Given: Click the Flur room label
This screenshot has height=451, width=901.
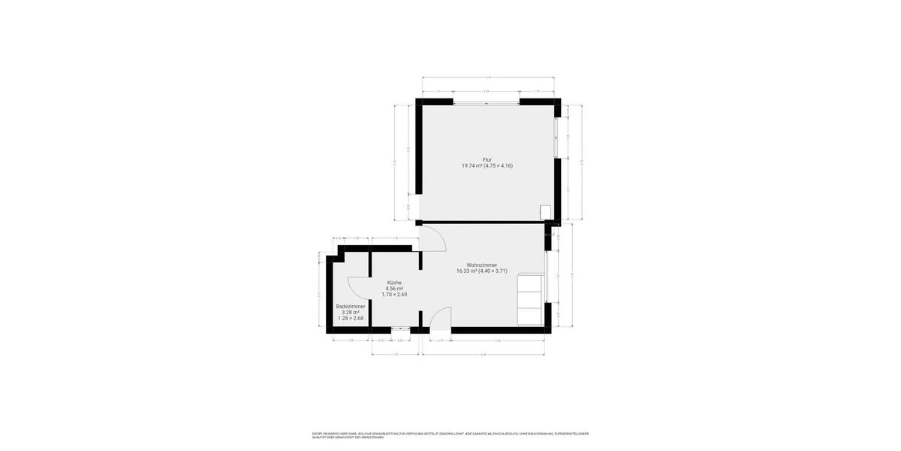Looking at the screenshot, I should [487, 159].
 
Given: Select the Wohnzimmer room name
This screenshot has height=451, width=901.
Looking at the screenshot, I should [482, 265].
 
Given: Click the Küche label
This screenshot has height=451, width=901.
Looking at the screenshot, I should [394, 283].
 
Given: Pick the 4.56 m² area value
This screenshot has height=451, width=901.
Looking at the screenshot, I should [394, 289].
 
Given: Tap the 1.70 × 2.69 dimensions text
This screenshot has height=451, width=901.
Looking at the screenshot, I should [394, 295].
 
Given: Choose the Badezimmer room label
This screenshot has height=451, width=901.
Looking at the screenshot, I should [351, 307].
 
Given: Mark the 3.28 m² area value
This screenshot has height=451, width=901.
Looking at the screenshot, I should [351, 313].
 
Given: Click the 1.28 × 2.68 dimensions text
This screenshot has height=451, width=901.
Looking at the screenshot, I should [351, 319].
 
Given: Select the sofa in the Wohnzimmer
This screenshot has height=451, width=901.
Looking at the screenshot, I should [530, 300].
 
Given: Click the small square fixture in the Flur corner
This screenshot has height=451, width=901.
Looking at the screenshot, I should [546, 213].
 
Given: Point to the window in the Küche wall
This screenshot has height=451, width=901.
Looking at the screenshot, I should [400, 329].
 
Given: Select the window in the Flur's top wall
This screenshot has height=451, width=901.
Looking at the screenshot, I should [486, 101].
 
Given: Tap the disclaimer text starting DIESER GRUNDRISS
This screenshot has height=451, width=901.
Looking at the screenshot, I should [450, 435].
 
